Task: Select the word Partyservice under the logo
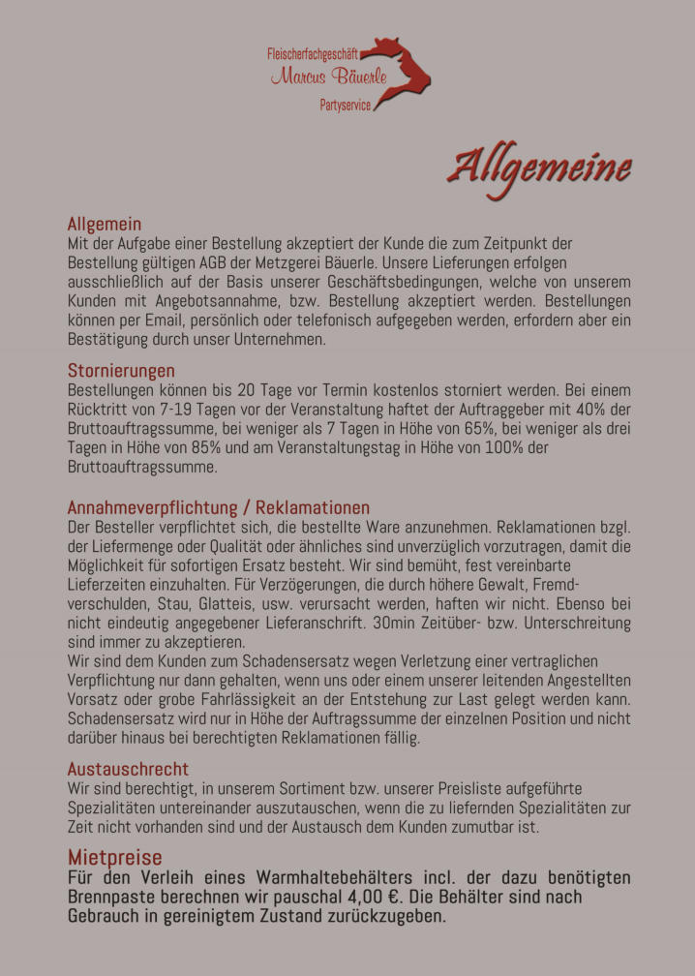pyautogui.click(x=345, y=105)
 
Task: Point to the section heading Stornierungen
pyautogui.click(x=121, y=371)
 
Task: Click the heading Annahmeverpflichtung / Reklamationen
pyautogui.click(x=218, y=507)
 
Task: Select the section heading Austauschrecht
pyautogui.click(x=128, y=770)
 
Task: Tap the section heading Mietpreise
pyautogui.click(x=114, y=857)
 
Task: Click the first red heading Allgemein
pyautogui.click(x=105, y=224)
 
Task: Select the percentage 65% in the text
pyautogui.click(x=400, y=428)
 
